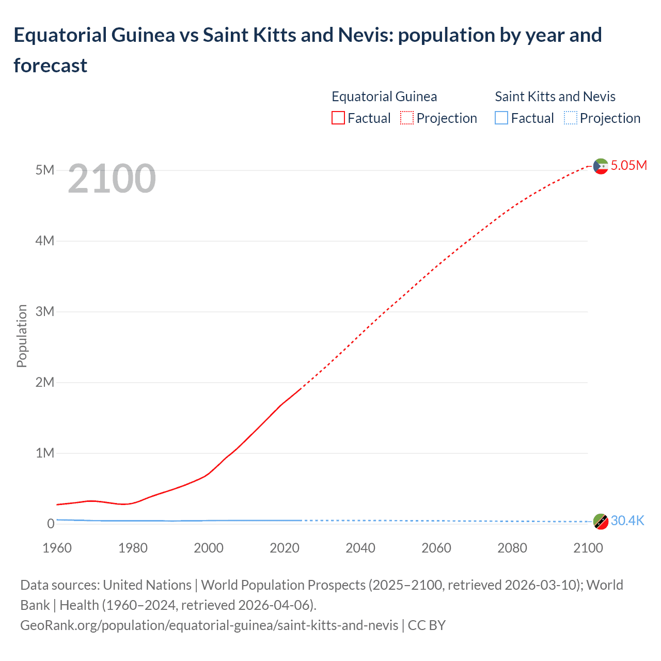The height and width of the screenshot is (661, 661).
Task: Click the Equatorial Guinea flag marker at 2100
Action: tap(600, 166)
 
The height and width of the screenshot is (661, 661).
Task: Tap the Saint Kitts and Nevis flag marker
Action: tap(600, 522)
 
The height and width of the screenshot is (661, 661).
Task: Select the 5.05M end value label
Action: tap(628, 165)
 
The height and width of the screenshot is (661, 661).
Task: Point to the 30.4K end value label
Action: tap(627, 521)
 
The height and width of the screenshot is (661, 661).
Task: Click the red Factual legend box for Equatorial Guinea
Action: tap(338, 118)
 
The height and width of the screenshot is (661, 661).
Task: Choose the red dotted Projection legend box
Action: tap(407, 118)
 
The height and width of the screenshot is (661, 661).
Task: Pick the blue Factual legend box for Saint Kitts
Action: tap(501, 118)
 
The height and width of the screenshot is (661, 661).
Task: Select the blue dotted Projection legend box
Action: tap(570, 118)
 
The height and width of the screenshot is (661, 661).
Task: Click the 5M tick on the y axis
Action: tap(45, 170)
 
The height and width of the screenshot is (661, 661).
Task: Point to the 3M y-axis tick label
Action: tap(45, 311)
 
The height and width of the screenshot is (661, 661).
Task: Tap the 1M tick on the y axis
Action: tap(45, 453)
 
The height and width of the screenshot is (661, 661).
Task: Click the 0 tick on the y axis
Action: tap(51, 524)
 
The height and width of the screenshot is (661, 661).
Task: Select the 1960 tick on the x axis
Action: tap(57, 548)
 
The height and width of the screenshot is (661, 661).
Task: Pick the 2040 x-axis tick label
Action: tap(360, 548)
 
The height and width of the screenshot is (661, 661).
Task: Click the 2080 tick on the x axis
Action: tap(512, 548)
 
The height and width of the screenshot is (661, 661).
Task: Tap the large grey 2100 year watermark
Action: tap(112, 179)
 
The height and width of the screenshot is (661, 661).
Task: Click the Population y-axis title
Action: tap(22, 336)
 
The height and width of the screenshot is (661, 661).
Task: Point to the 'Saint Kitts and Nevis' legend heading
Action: tap(555, 97)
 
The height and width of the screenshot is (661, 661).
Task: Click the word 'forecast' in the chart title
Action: tap(51, 66)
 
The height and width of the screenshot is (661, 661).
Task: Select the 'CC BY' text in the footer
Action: tap(427, 625)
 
